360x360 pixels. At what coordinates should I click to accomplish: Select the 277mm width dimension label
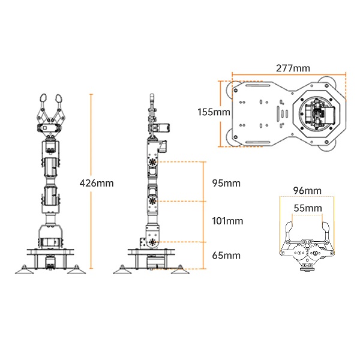coord(289,68)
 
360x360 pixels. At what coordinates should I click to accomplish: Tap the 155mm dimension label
coord(214,112)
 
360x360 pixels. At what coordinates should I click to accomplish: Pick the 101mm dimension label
coord(227,221)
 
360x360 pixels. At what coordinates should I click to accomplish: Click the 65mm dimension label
coord(226,255)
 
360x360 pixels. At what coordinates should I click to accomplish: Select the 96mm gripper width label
coord(307,191)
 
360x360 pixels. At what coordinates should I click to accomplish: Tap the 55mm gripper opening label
coord(307,208)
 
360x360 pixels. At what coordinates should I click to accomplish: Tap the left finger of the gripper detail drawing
coord(287,231)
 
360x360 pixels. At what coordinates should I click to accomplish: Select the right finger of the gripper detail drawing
coord(327,231)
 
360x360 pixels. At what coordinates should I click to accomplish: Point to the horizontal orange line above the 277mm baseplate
coord(289,76)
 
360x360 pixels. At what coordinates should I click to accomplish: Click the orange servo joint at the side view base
coord(153,241)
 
